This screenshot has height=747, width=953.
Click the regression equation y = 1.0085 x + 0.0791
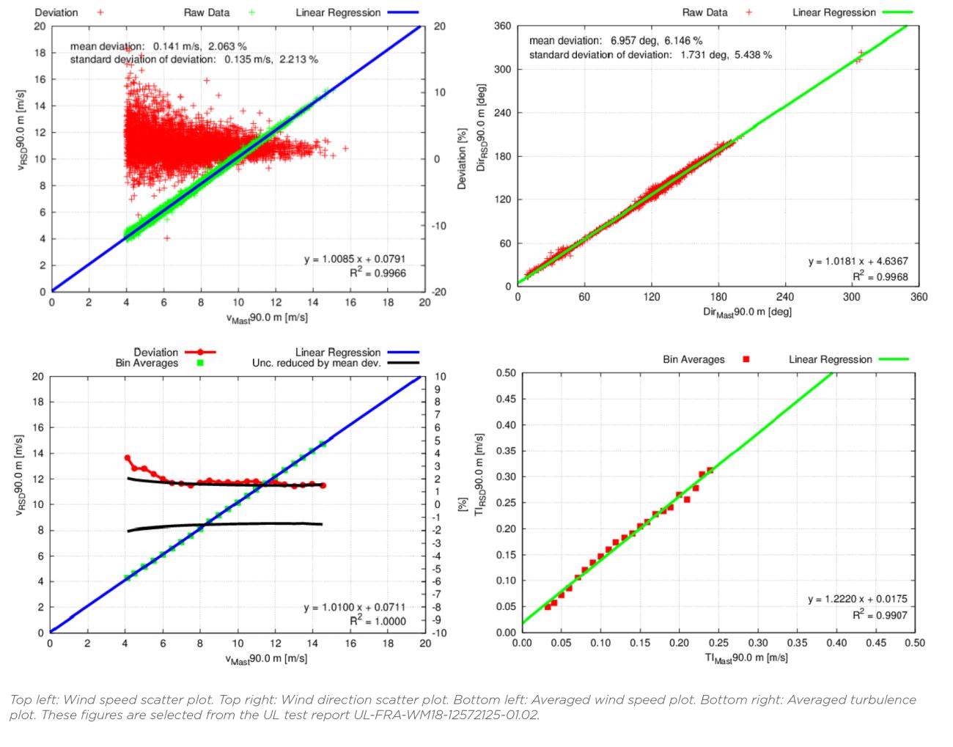pyautogui.click(x=355, y=260)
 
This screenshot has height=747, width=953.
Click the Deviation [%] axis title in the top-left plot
pyautogui.click(x=462, y=158)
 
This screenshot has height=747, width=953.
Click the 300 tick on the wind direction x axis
pyautogui.click(x=852, y=297)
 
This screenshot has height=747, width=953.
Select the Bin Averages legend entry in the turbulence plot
pyautogui.click(x=706, y=359)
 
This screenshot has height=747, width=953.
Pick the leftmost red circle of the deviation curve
pyautogui.click(x=128, y=458)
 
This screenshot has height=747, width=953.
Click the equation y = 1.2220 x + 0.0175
pyautogui.click(x=857, y=600)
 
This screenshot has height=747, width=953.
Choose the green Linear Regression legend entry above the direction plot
pyautogui.click(x=850, y=12)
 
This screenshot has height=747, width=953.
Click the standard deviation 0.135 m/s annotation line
pyautogui.click(x=194, y=59)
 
